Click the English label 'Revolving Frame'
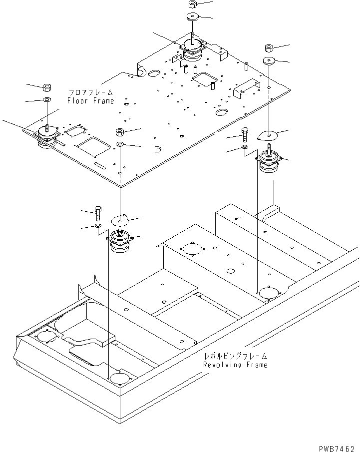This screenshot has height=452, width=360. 235,365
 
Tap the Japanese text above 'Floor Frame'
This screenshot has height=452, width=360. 91,93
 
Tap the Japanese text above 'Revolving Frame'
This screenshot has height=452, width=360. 235,357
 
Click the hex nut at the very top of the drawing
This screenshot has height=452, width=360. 193,4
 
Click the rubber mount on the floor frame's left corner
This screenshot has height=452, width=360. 46,136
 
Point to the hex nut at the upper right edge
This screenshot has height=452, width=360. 268,48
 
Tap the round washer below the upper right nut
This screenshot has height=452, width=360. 269,61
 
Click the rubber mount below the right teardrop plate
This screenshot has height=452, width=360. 270,162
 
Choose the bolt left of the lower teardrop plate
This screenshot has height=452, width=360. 97,214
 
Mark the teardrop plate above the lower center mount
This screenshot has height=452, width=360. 120,219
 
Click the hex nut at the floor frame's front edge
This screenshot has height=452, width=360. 120,132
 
